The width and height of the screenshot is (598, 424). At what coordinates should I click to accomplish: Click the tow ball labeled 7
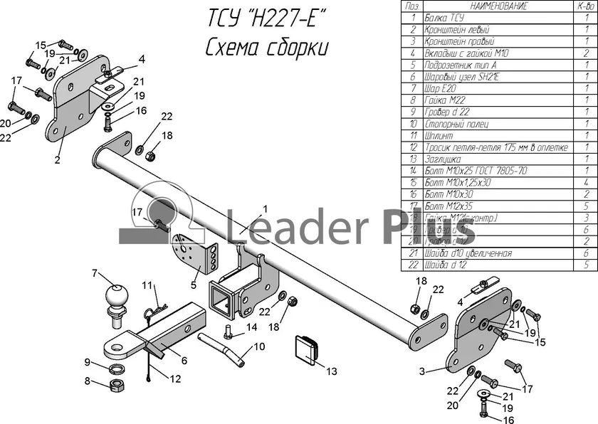coord(115,297)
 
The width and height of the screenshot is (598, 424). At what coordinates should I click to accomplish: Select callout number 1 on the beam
coord(264,208)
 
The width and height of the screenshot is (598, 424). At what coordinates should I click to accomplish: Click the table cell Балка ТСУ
coord(443,17)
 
